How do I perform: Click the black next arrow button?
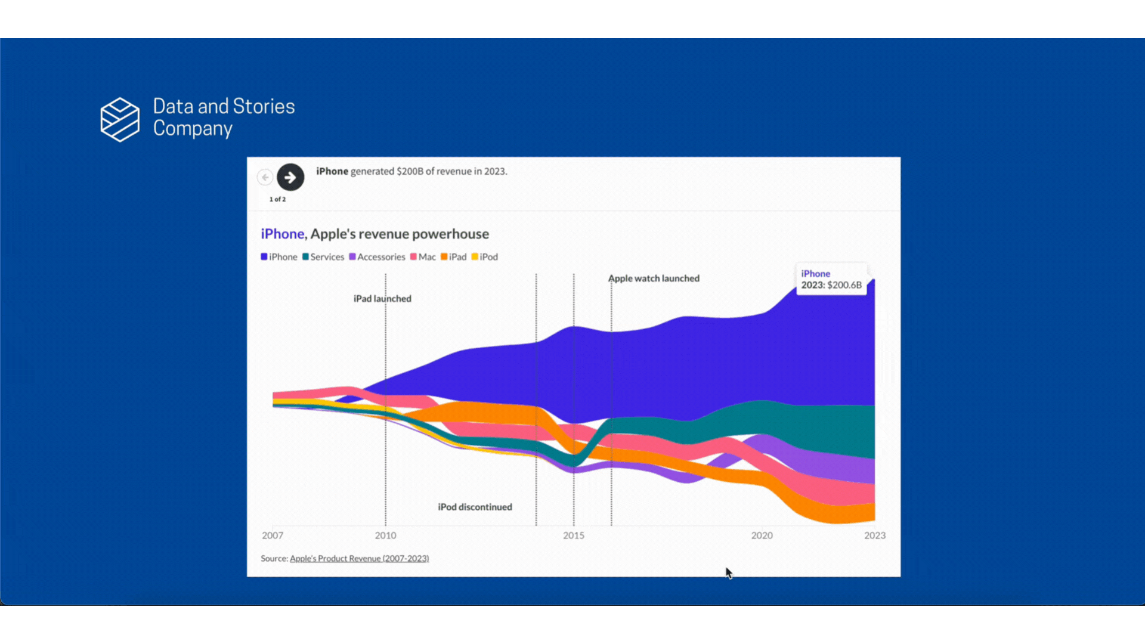tap(290, 177)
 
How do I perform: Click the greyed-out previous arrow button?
tap(265, 177)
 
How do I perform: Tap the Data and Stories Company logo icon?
tap(120, 119)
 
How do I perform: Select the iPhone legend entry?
tap(279, 257)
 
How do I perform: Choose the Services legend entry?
tap(323, 257)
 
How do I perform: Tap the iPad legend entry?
tap(454, 257)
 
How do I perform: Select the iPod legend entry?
tap(485, 257)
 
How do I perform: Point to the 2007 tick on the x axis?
tap(273, 535)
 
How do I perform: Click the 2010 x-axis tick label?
tap(385, 535)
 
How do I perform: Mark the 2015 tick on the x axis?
tap(574, 535)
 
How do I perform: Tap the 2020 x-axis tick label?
tap(762, 535)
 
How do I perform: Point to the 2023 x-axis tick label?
tap(875, 535)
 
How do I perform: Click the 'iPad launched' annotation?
tap(382, 299)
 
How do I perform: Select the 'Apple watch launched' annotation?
tap(654, 278)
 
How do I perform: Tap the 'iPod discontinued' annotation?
tap(475, 507)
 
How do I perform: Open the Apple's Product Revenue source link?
tap(359, 559)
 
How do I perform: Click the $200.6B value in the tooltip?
tap(844, 285)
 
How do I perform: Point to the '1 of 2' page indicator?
tap(277, 199)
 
